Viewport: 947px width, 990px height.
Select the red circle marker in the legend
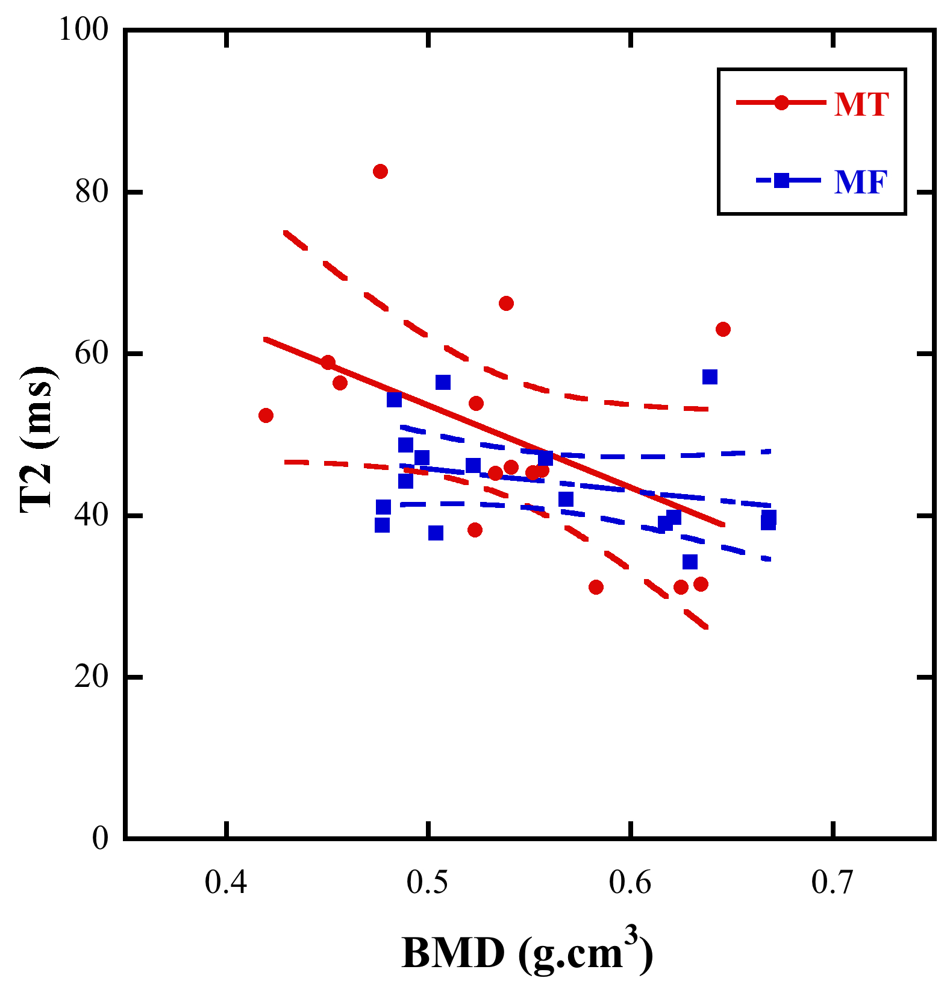781,103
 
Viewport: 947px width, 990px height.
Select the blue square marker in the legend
781,180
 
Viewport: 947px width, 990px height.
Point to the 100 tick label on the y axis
83,30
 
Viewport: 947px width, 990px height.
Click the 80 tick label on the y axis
92,192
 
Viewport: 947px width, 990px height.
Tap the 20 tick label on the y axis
92,677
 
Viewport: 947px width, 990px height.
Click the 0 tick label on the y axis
100,838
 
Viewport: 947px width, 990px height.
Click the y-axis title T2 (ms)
38,439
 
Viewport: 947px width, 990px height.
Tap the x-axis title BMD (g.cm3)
527,953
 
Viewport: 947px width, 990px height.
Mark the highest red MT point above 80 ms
380,172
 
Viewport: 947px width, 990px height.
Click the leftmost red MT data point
266,416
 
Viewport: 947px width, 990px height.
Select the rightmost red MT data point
723,330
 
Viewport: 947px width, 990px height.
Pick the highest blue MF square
710,377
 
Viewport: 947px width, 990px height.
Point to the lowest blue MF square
690,562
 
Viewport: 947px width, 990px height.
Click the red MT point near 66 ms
506,303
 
